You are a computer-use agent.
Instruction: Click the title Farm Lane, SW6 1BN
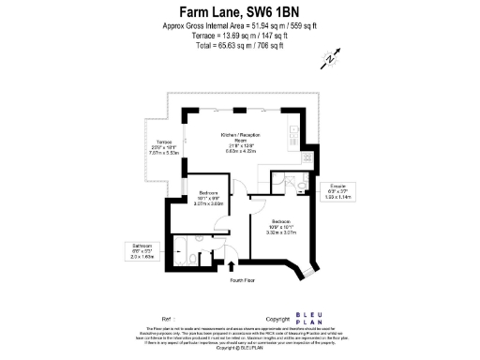(x=239, y=11)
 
